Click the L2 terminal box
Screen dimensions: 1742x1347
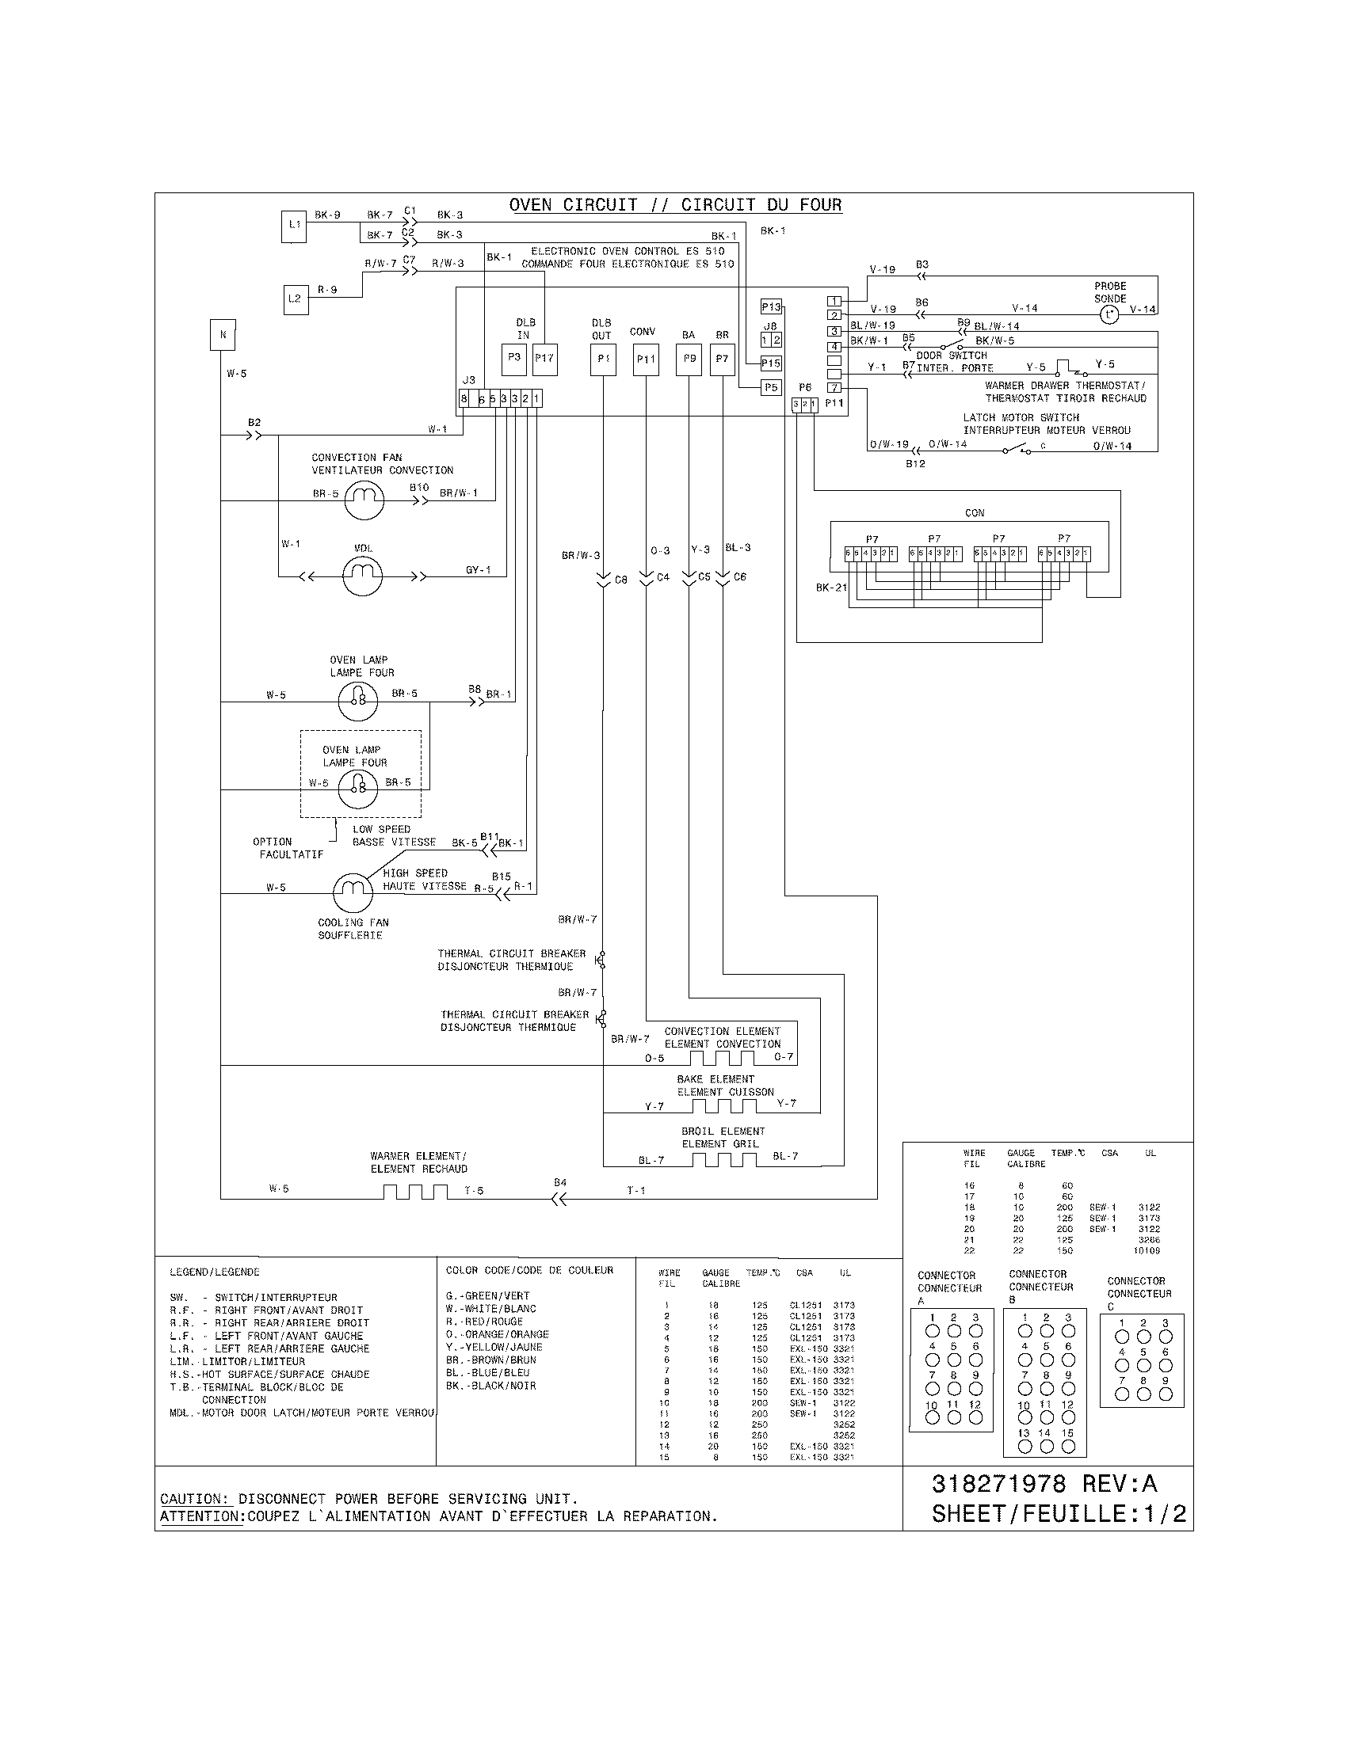point(296,299)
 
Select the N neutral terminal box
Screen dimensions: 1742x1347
point(223,335)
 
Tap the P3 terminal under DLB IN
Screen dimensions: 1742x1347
point(514,358)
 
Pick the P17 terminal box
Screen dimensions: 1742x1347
point(544,358)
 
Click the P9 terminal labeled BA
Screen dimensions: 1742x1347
point(689,358)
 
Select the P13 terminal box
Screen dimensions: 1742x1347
point(771,307)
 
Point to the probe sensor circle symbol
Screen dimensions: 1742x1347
point(1109,315)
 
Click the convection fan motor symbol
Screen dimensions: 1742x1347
point(364,500)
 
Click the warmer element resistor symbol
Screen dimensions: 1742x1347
point(416,1192)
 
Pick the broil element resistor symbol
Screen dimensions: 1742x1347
point(722,1159)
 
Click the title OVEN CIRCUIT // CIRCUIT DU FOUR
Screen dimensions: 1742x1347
point(675,205)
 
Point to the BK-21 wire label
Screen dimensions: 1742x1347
point(831,588)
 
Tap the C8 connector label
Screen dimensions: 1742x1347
point(621,580)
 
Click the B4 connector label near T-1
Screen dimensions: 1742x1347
point(560,1182)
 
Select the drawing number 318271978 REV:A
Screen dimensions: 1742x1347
point(1044,1484)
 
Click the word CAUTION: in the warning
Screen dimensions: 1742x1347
point(196,1499)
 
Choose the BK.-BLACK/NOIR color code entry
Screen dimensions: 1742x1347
point(490,1386)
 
